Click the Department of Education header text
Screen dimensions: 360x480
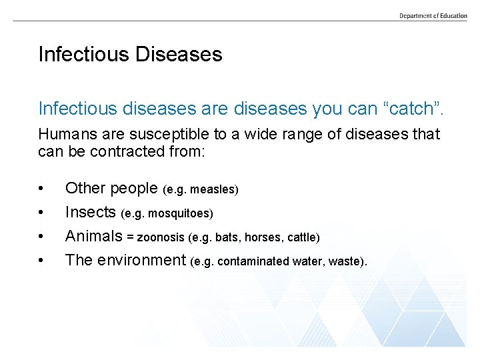tap(433, 15)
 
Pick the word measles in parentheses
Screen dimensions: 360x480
tap(213, 189)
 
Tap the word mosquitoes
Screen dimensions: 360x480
tap(181, 213)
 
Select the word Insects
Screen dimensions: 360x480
tap(91, 212)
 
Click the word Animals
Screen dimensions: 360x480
tap(94, 236)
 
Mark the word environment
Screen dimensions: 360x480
tap(141, 260)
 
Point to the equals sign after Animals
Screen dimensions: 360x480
tap(131, 237)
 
